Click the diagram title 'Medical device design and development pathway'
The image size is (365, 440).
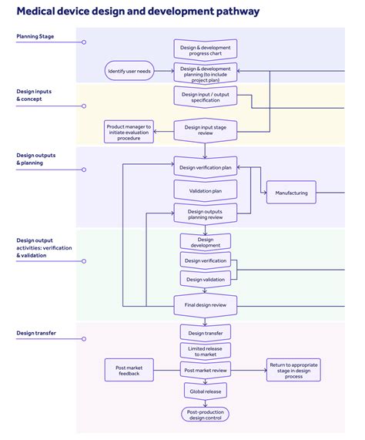tap(138, 12)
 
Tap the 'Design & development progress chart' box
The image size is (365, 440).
tap(205, 50)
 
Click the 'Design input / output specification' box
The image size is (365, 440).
tap(205, 96)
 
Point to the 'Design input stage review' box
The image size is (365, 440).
tap(205, 129)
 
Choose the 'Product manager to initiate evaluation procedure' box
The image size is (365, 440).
tap(129, 130)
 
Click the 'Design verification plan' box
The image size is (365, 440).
tap(205, 167)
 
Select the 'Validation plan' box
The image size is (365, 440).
tap(205, 190)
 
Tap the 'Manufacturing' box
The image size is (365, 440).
tap(291, 193)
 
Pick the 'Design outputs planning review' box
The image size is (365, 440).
tap(205, 213)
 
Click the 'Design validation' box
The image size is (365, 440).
tap(205, 279)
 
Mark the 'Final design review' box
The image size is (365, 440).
tap(205, 304)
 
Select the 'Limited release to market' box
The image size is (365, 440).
tap(205, 351)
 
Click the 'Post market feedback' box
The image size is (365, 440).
tap(129, 370)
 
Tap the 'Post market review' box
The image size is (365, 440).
tap(205, 370)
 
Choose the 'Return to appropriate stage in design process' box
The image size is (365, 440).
tap(293, 370)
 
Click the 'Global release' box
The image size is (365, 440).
tap(205, 391)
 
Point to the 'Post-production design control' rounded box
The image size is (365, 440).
tap(205, 415)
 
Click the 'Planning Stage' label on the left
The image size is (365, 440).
tap(35, 36)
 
